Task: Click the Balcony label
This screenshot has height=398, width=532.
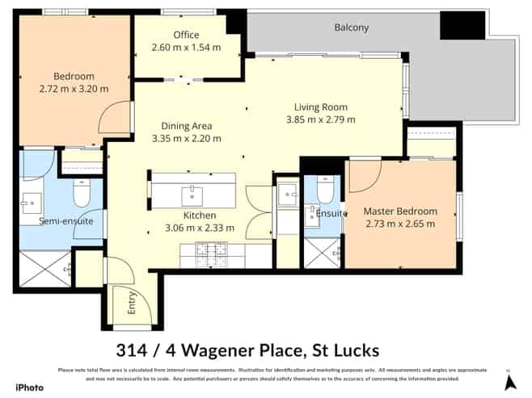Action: click(x=351, y=27)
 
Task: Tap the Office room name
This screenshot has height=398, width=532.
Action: click(x=186, y=35)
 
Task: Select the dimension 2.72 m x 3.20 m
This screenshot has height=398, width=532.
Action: click(x=75, y=89)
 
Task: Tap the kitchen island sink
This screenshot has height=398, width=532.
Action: click(x=192, y=194)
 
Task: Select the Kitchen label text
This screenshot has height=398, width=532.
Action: click(x=200, y=216)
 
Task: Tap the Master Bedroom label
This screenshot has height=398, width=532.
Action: click(x=400, y=211)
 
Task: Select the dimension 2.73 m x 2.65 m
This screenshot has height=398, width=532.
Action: click(x=400, y=224)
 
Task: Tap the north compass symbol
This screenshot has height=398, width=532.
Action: click(x=507, y=380)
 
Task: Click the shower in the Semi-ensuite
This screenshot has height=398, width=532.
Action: click(x=44, y=268)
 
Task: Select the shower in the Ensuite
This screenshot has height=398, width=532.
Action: click(x=322, y=253)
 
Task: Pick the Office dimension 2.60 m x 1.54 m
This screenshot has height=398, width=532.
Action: click(x=186, y=48)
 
